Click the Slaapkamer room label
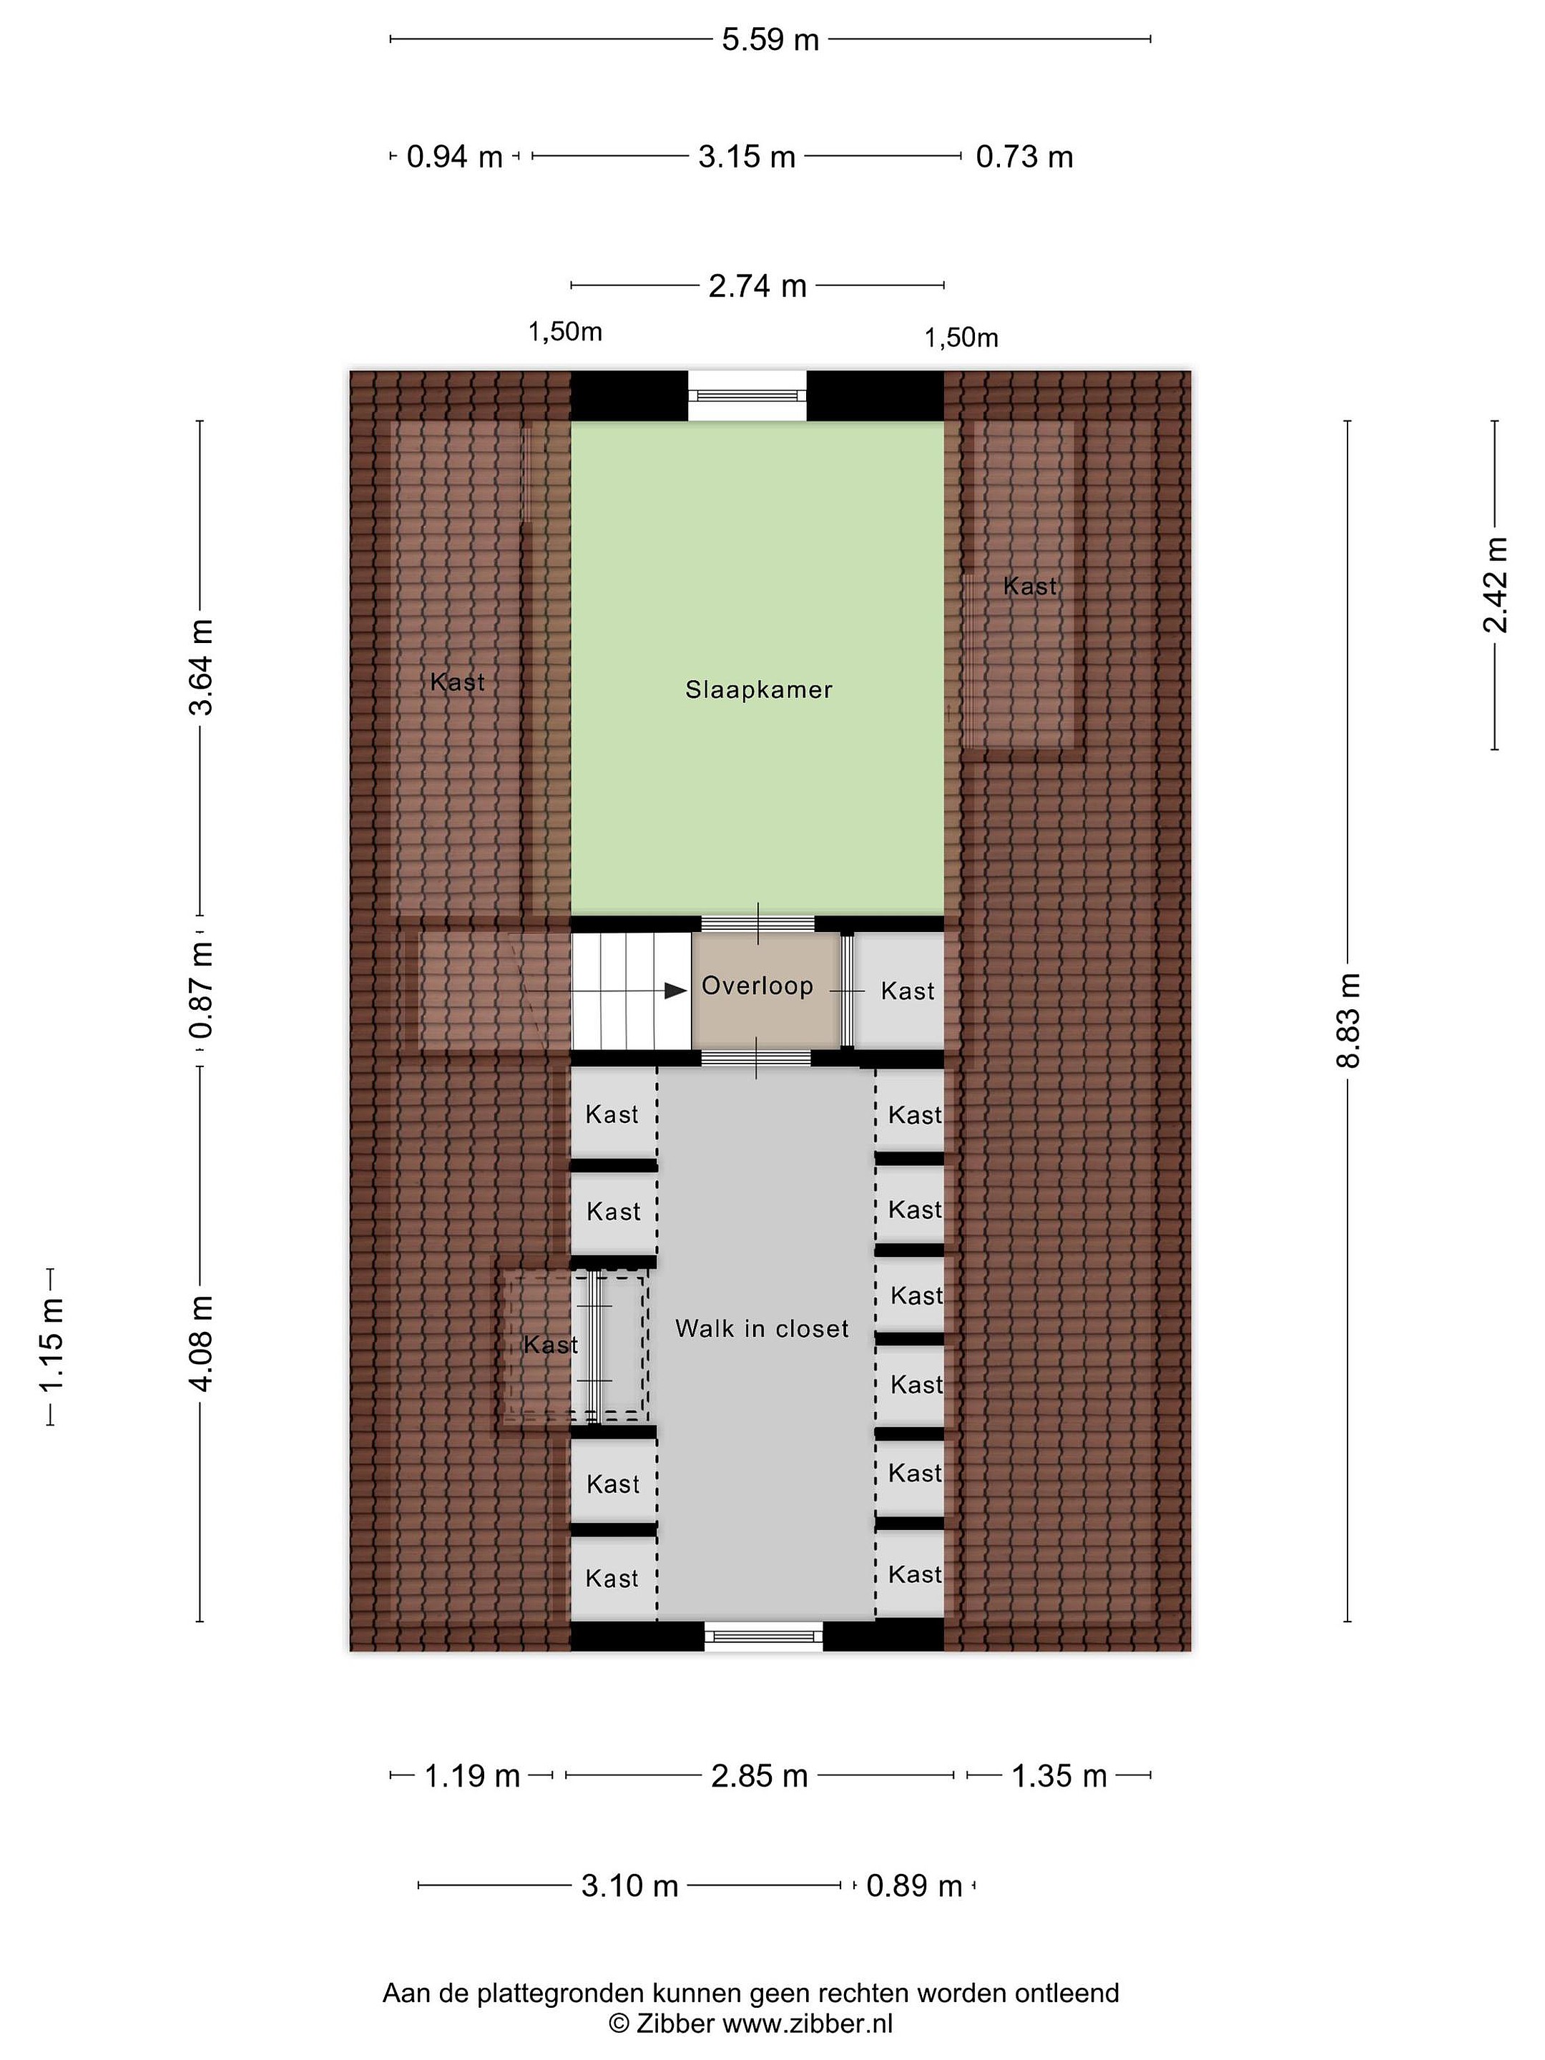(x=759, y=690)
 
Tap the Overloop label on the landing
(x=757, y=986)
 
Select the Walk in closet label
(x=762, y=1328)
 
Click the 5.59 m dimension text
(x=770, y=39)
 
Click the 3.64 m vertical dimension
(x=201, y=667)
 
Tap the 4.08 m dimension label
(x=201, y=1342)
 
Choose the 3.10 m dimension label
(x=629, y=1886)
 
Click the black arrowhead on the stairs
(x=676, y=991)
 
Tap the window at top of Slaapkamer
(x=747, y=395)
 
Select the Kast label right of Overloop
(x=907, y=991)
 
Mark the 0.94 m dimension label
(x=454, y=157)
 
